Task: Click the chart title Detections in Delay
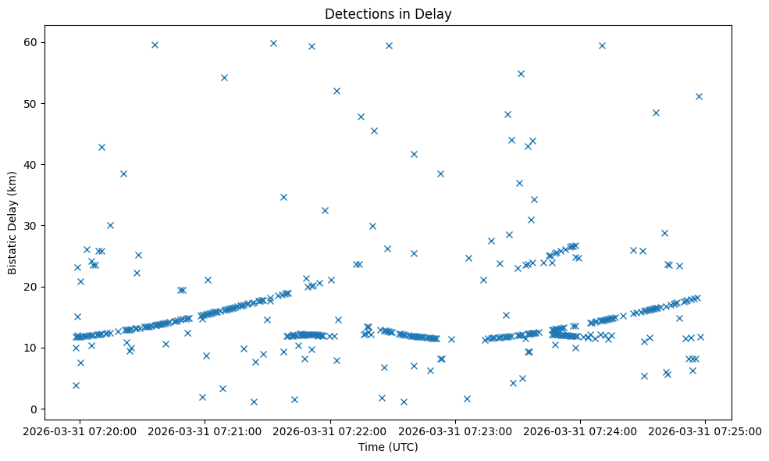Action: point(388,14)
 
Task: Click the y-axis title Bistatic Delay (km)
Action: point(12,217)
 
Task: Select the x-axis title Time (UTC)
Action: point(388,447)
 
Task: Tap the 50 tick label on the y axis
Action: point(31,103)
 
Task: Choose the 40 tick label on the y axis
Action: point(31,164)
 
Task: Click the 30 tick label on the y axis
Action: point(31,226)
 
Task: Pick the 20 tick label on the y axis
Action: point(31,287)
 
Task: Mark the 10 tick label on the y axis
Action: point(31,348)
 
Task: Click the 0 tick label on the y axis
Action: point(34,409)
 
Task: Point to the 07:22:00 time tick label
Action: point(330,430)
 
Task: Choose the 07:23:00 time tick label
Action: point(456,430)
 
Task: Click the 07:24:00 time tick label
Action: point(581,430)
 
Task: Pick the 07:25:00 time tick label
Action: point(706,430)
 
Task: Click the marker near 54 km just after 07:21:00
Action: point(224,77)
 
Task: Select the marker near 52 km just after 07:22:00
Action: point(336,91)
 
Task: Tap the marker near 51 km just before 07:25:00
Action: point(699,96)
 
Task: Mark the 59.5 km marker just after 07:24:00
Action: point(602,45)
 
